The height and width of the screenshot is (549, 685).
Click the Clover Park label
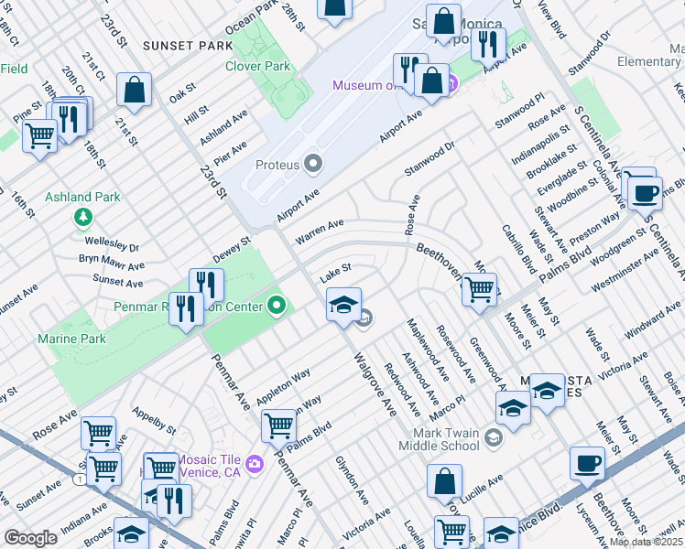point(258,66)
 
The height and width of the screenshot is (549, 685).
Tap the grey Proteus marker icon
point(315,165)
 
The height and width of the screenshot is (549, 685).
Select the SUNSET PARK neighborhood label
point(188,45)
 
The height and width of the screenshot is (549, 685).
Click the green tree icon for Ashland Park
point(83,217)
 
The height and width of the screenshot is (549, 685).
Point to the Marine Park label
point(71,339)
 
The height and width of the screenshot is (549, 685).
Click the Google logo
point(30,538)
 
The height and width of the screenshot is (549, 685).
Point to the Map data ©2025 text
point(646,542)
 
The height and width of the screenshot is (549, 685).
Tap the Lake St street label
point(335,272)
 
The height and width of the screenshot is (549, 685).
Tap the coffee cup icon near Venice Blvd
point(587,463)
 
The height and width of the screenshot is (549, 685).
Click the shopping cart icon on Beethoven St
point(479,289)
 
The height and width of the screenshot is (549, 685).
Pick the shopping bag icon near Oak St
point(135,90)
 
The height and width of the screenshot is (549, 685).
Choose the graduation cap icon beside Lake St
point(343,305)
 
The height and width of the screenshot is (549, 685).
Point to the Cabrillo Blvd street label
point(517,249)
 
